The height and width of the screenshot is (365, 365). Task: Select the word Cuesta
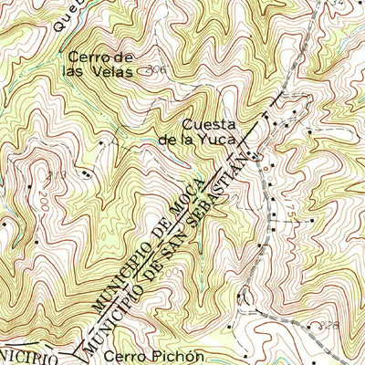click(x=208, y=124)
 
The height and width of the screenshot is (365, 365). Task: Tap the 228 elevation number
click(x=316, y=324)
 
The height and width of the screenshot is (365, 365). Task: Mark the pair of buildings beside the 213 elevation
click(x=86, y=172)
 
